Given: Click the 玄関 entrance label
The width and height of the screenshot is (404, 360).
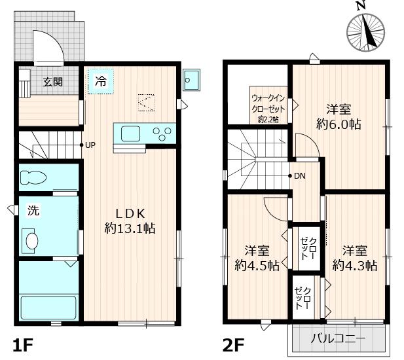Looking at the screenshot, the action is [x=52, y=82].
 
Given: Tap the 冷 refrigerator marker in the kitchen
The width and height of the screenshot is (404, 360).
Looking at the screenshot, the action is [x=100, y=81].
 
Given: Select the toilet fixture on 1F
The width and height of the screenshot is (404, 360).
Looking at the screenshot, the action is [x=33, y=177].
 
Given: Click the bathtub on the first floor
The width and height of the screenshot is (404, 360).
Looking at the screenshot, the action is [x=48, y=308].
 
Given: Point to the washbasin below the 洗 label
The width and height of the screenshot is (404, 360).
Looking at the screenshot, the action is [x=31, y=241].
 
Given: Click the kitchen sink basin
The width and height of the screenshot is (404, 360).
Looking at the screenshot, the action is [x=130, y=134].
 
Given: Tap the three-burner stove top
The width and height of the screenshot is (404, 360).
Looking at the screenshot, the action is [x=162, y=134].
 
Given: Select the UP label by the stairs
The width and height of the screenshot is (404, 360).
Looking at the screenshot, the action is [x=90, y=145].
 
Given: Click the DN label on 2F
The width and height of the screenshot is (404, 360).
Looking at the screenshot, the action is [x=300, y=176].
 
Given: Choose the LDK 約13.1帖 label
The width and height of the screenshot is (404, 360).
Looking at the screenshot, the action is [x=130, y=221].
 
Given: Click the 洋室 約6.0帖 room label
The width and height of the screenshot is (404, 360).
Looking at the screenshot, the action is [x=339, y=117].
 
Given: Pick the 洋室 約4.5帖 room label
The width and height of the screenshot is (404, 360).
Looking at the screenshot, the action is [x=257, y=258].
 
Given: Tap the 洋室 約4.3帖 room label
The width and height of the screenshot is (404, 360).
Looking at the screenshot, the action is [x=355, y=258].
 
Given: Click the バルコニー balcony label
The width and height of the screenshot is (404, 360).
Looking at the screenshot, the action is [x=338, y=338].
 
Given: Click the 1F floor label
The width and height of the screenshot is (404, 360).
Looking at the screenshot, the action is [x=23, y=345].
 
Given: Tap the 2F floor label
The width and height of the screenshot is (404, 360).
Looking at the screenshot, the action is [x=233, y=345].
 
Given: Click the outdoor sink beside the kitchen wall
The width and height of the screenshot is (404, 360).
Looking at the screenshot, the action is [x=191, y=80].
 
